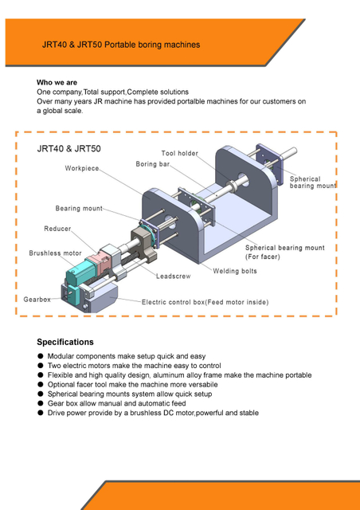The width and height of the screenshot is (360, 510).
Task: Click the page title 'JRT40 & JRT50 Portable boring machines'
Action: click(121, 45)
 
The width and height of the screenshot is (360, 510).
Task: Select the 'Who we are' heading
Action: click(57, 83)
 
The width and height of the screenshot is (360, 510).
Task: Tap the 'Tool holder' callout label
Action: click(180, 153)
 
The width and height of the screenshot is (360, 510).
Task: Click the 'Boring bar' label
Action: click(153, 164)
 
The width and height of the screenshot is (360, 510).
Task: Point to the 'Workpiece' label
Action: click(82, 169)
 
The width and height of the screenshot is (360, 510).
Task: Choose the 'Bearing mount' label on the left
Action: click(79, 209)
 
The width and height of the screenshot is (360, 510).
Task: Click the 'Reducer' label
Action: click(57, 229)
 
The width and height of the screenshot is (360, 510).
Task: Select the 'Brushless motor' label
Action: click(56, 253)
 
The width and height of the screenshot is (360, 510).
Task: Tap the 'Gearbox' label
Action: click(37, 299)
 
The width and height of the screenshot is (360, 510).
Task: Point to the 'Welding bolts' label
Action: click(235, 271)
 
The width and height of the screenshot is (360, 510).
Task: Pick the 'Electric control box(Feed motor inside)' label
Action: click(205, 303)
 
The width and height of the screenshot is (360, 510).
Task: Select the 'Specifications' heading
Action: click(65, 342)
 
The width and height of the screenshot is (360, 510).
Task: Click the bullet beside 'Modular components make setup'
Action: click(41, 356)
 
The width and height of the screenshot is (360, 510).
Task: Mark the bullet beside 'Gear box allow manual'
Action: click(41, 403)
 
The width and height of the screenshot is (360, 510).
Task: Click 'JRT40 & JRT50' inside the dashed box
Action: click(69, 149)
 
